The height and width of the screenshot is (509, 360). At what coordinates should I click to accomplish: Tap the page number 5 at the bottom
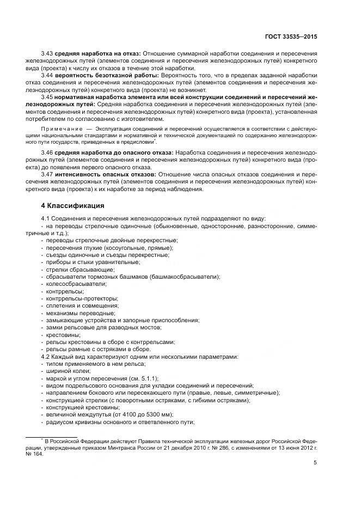315,463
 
